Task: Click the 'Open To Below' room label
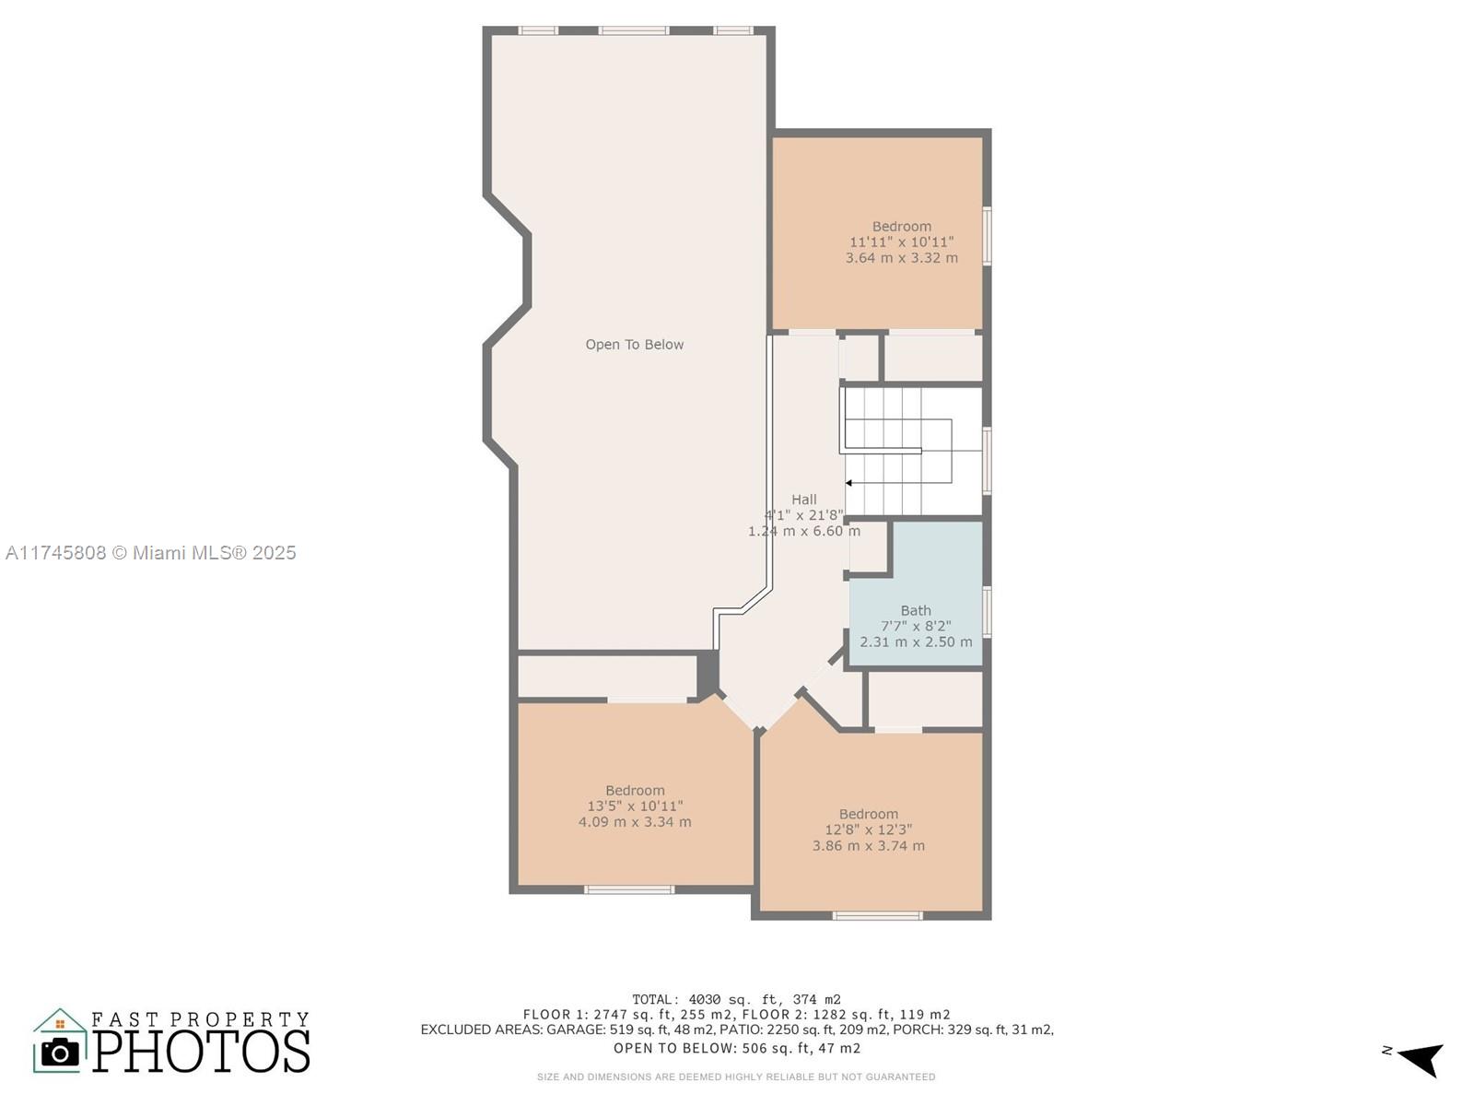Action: pos(634,345)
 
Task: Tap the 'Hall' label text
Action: pos(804,500)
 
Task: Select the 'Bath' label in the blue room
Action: pos(916,610)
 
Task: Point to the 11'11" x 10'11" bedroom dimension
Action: pos(901,242)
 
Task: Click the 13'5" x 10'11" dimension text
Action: pos(635,806)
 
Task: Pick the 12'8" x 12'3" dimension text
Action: pos(869,830)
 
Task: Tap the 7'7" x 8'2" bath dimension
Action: pos(916,627)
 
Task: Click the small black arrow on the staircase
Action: pos(848,483)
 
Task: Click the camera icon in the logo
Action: pos(60,1052)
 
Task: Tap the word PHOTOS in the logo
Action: pos(201,1051)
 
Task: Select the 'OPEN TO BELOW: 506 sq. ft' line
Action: pos(737,1048)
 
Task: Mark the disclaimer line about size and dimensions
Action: pos(736,1077)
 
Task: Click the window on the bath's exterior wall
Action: pos(987,612)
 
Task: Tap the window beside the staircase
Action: pos(987,461)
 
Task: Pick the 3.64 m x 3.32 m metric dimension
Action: pos(901,258)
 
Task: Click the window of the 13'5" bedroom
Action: pos(628,889)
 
